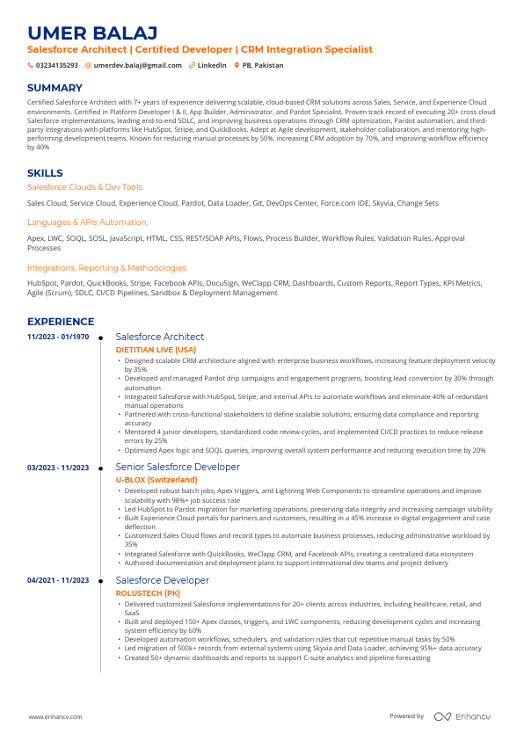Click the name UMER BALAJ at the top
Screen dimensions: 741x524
tap(92, 33)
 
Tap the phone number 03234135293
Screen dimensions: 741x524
tap(57, 65)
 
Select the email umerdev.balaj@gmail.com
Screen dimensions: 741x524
tap(138, 65)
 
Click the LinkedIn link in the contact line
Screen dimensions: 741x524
tap(212, 65)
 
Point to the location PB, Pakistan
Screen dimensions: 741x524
tap(264, 65)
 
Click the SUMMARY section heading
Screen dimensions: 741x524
tap(55, 88)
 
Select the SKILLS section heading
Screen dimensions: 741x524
tap(45, 173)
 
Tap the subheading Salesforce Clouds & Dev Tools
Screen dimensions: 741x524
tap(84, 187)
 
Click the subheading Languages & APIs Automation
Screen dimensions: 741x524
tap(87, 222)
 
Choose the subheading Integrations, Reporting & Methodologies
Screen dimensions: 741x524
tap(107, 267)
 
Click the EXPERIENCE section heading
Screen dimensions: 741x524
tap(61, 322)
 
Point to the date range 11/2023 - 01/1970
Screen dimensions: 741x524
tap(58, 337)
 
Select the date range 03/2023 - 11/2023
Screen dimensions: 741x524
tap(58, 467)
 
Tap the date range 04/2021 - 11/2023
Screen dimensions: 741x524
tap(58, 580)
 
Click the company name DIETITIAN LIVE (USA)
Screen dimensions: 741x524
tap(156, 349)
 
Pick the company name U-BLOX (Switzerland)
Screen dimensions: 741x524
tap(156, 480)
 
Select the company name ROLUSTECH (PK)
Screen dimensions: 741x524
tap(148, 593)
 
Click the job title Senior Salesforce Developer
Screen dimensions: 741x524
tap(178, 467)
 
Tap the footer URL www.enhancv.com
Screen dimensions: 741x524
tap(55, 716)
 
